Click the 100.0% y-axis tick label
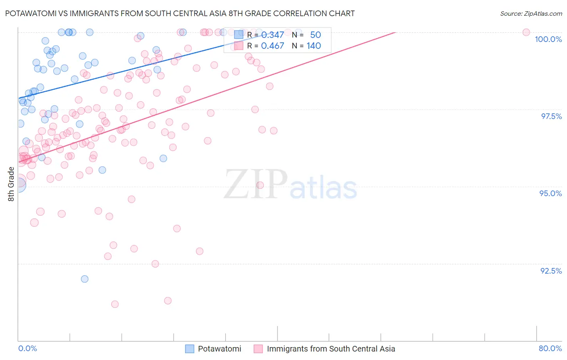(x=548, y=39)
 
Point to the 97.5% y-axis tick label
(x=551, y=116)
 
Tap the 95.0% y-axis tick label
(x=550, y=193)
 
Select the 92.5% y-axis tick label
(x=551, y=271)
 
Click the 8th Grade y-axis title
(x=11, y=184)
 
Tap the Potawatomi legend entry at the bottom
(x=219, y=349)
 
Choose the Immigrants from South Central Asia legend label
(x=331, y=349)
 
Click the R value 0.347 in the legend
(x=273, y=35)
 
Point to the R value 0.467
(x=273, y=46)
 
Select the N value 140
(x=314, y=46)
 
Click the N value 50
(x=315, y=35)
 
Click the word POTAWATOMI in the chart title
(x=31, y=13)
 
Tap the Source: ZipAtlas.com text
(x=531, y=13)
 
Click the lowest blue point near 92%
(x=85, y=279)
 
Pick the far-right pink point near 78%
(x=526, y=32)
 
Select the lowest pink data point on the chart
(x=115, y=304)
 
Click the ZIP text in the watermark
(x=256, y=184)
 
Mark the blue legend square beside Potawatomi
(x=190, y=349)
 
